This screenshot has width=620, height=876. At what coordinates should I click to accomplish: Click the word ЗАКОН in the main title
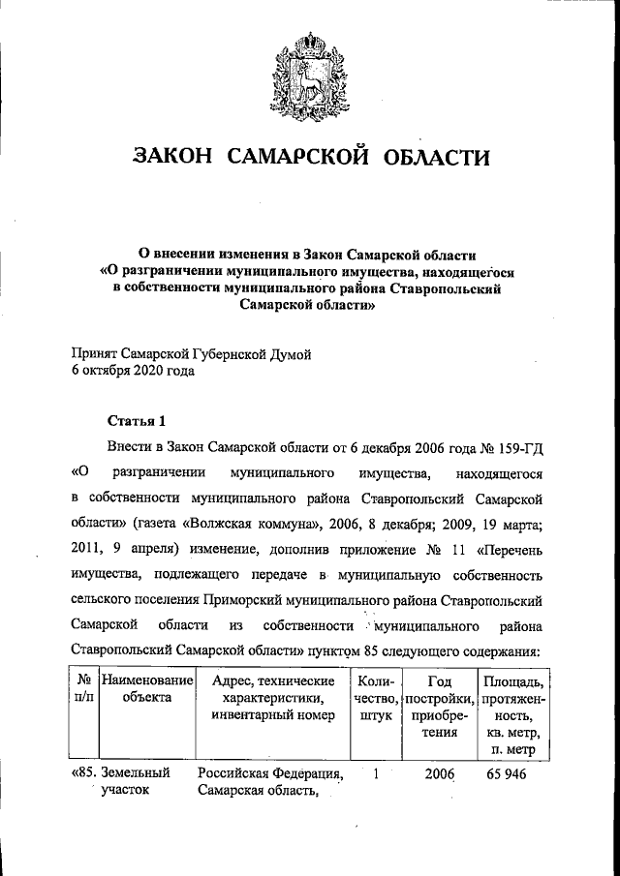179,157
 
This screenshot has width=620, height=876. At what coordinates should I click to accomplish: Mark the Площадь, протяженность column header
513,714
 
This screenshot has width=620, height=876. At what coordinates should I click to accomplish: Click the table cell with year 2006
439,774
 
